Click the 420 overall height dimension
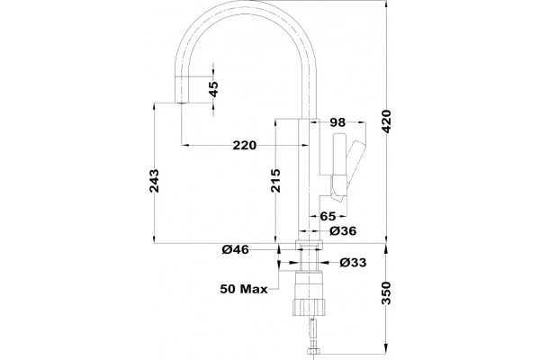tap(387, 121)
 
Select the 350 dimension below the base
tap(387, 293)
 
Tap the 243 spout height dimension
tap(154, 181)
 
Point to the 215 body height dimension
tap(275, 181)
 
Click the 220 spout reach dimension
tap(245, 146)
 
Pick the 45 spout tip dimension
tap(213, 89)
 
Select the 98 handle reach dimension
tap(337, 122)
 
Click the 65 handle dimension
tap(328, 216)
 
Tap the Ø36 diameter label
tap(343, 230)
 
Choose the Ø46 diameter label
tap(235, 249)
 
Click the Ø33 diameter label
tap(353, 263)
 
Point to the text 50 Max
tap(244, 289)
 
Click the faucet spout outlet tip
tap(181, 103)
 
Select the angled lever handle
tap(355, 166)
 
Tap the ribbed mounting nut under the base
tap(310, 307)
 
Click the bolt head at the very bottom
tap(313, 351)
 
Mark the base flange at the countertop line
tap(310, 245)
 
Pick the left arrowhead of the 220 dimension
tap(185, 145)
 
